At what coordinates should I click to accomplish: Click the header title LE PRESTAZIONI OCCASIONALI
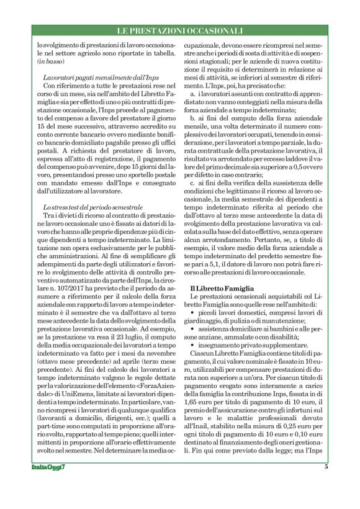pos(180,30)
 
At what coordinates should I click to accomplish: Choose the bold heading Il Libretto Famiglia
pos(222,288)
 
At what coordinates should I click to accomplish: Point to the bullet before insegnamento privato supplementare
pos(194,343)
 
